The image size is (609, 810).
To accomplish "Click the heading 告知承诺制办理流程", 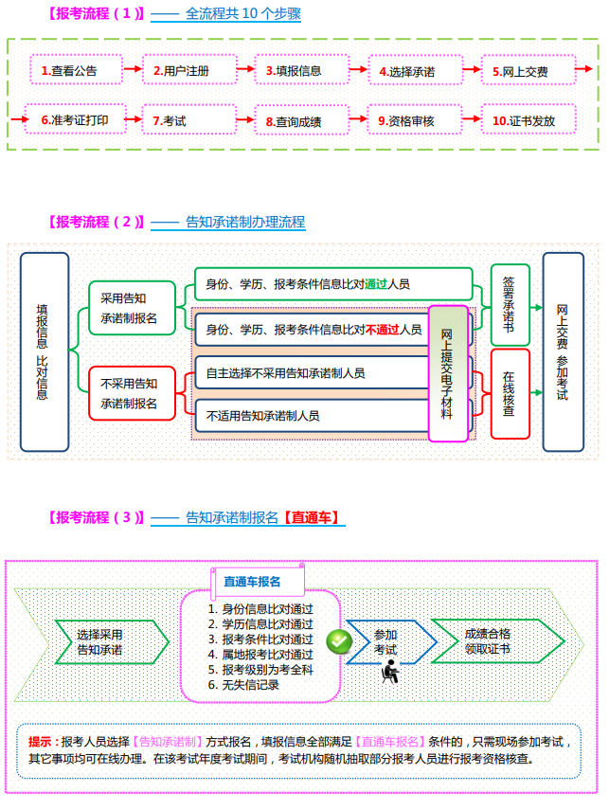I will coord(245,222).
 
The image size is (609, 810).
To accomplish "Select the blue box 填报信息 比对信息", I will coord(45,351).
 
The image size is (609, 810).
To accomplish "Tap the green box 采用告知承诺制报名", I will coord(130,308).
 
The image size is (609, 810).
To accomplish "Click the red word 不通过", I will coord(382,330).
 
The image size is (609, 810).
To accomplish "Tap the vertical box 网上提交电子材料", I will coord(448,373).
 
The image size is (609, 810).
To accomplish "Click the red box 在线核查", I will coord(509,393).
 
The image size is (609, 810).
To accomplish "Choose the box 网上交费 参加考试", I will coord(563,351).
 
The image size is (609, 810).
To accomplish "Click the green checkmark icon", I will coord(338,641).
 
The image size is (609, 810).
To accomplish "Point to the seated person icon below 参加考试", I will coord(388,674).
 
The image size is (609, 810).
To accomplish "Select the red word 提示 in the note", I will coord(40,740).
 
